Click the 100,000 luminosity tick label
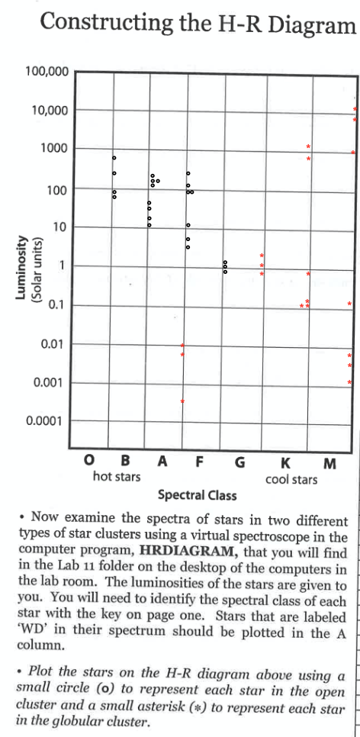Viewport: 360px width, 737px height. pos(48,72)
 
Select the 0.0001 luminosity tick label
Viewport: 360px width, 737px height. pos(47,421)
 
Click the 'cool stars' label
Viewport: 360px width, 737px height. pos(291,479)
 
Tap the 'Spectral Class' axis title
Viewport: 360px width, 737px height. pos(198,494)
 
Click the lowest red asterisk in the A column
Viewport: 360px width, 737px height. pos(182,401)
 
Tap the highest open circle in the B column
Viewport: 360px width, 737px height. pos(114,158)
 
